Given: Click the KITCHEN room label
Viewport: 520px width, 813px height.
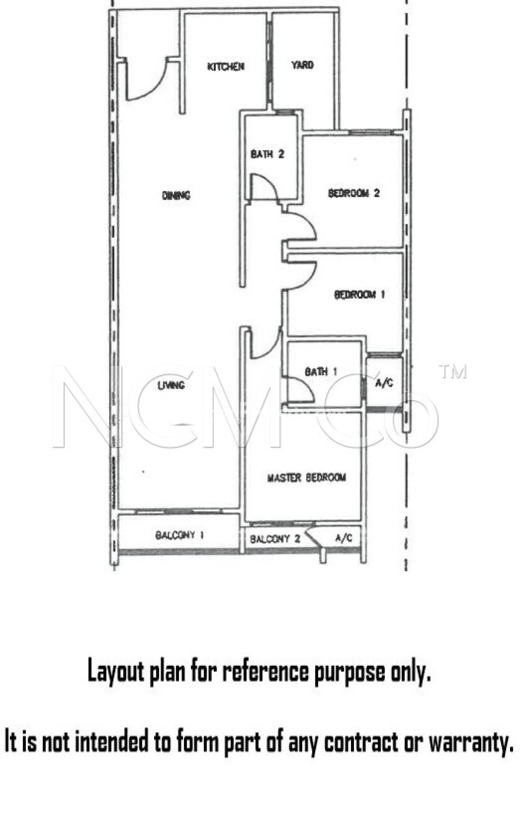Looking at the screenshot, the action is (x=226, y=66).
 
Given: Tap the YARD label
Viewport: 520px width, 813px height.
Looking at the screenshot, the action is (x=302, y=65).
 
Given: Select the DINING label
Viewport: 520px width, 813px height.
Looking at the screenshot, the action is (x=176, y=195).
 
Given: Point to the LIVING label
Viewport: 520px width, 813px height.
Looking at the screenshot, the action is (x=171, y=385).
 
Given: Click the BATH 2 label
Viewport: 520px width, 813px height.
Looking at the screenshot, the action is (x=267, y=154).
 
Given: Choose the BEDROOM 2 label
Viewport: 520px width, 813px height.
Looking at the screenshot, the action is (x=354, y=193).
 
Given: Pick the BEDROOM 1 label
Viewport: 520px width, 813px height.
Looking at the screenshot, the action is (x=359, y=295).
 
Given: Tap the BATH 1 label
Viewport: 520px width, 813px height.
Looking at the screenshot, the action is (x=321, y=372).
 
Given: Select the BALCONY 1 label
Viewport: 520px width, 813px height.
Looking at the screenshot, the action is (x=180, y=535).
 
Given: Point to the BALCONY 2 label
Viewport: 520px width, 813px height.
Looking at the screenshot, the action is (x=275, y=539).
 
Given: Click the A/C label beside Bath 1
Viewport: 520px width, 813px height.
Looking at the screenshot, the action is (x=384, y=383).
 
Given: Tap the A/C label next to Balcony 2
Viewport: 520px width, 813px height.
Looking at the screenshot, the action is (x=343, y=538).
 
